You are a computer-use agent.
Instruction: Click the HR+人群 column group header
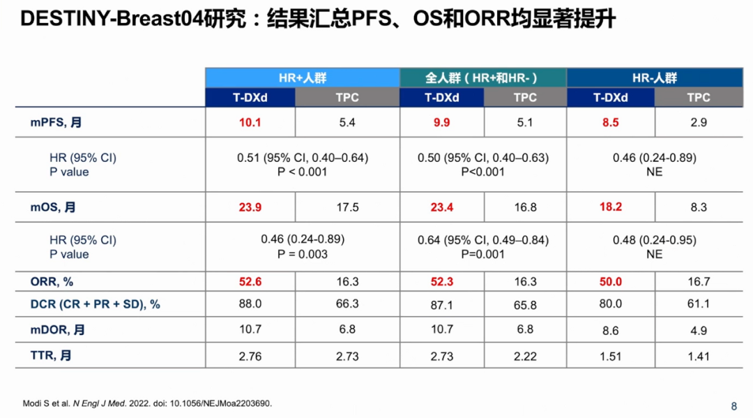[x=302, y=78]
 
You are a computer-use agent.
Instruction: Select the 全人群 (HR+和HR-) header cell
[x=482, y=78]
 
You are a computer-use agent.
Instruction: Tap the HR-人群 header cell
[x=654, y=78]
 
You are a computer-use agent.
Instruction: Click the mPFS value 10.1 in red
[x=250, y=122]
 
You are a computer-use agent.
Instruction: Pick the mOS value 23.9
[x=250, y=207]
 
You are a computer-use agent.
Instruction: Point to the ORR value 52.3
[x=441, y=282]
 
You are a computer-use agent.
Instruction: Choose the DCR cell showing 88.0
[x=250, y=304]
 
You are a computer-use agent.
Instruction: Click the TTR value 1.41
[x=698, y=357]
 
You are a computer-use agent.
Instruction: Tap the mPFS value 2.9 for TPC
[x=698, y=123]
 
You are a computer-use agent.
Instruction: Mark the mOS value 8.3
[x=698, y=207]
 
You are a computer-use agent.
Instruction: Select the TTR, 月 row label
[x=50, y=356]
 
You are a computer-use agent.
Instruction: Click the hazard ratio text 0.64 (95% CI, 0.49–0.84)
[x=483, y=240]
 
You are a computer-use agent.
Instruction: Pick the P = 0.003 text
[x=302, y=254]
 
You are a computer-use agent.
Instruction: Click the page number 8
[x=733, y=406]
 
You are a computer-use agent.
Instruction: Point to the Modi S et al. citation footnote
[x=147, y=403]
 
